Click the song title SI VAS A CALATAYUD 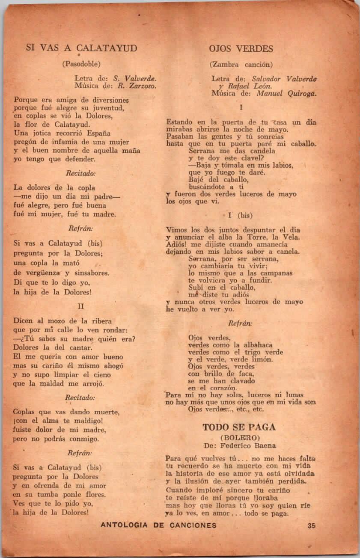[x=81, y=48]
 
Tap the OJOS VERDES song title [x=241, y=48]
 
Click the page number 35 [x=311, y=525]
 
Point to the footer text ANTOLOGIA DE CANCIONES [x=158, y=525]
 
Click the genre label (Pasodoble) [x=81, y=64]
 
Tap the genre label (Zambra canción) [x=241, y=65]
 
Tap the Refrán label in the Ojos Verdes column [x=240, y=324]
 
